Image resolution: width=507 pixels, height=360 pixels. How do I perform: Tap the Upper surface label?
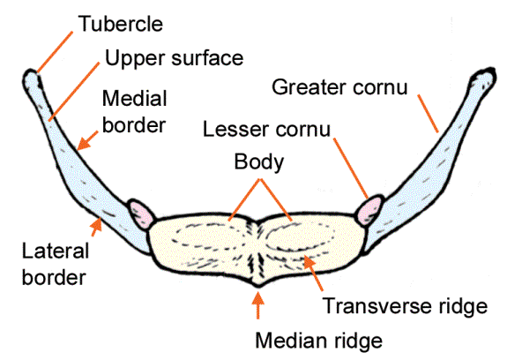pyautogui.click(x=174, y=60)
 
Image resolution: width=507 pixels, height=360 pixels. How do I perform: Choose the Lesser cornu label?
pyautogui.click(x=266, y=130)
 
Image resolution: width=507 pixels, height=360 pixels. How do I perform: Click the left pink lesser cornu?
pyautogui.click(x=141, y=213)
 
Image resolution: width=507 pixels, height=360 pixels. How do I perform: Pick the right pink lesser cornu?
pyautogui.click(x=369, y=210)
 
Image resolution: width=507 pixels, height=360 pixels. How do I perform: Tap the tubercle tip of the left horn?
pyautogui.click(x=36, y=79)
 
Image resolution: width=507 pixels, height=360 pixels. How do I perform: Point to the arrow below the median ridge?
pyautogui.click(x=257, y=304)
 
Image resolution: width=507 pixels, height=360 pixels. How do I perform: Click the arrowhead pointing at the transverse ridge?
pyautogui.click(x=309, y=261)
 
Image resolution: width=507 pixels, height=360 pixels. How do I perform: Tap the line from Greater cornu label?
pyautogui.click(x=427, y=114)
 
